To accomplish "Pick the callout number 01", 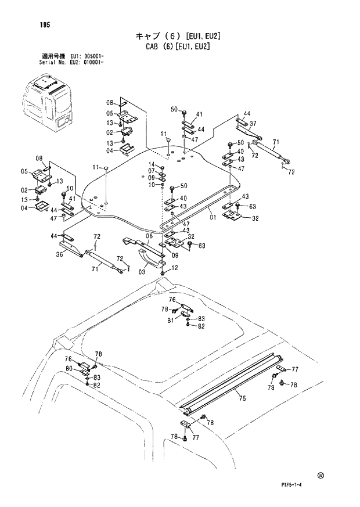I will pyautogui.click(x=213, y=217).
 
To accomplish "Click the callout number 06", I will pyautogui.click(x=149, y=236).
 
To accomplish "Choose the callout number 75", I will pyautogui.click(x=242, y=398).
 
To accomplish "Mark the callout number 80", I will pyautogui.click(x=69, y=368).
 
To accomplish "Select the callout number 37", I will pyautogui.click(x=253, y=124).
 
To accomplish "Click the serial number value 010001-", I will pyautogui.click(x=93, y=62).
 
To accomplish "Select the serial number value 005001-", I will pyautogui.click(x=93, y=56).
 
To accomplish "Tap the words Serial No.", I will pyautogui.click(x=48, y=62).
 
